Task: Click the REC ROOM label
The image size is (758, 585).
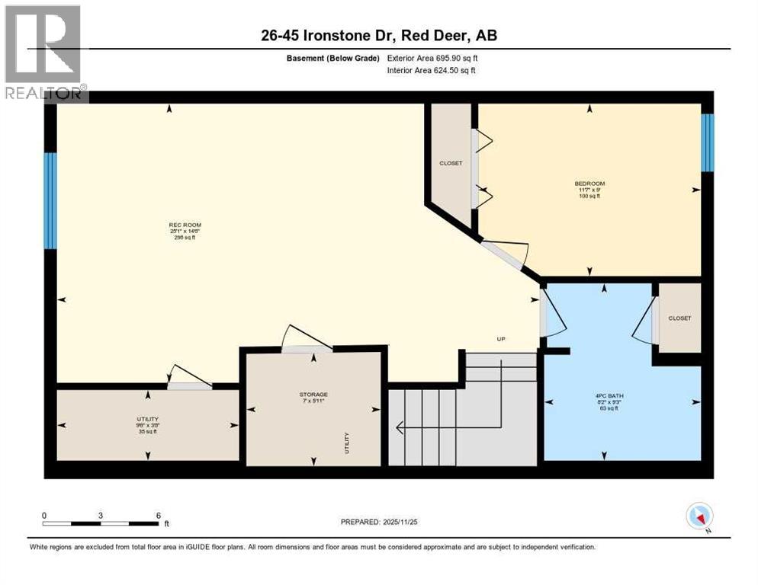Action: (x=179, y=225)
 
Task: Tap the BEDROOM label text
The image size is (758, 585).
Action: (x=589, y=184)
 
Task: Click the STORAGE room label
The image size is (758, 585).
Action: (x=313, y=395)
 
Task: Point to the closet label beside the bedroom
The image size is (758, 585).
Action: (x=450, y=163)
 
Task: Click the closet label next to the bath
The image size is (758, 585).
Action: (x=679, y=318)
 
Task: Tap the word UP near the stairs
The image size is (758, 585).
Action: (x=501, y=340)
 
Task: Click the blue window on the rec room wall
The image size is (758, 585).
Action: (x=50, y=201)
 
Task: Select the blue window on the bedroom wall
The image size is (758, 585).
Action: (x=707, y=143)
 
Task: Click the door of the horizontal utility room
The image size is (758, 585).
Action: (x=189, y=385)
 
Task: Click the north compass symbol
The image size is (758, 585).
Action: (x=699, y=516)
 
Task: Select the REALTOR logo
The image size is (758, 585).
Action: (x=43, y=53)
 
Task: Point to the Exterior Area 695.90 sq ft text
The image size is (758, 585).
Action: (x=432, y=58)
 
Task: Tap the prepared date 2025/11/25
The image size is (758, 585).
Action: (x=380, y=522)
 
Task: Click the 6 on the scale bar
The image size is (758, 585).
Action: (x=158, y=515)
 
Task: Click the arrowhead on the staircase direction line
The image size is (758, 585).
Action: (x=400, y=428)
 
